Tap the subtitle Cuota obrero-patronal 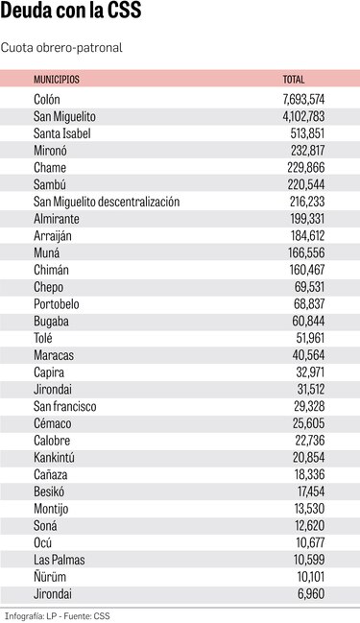click(x=62, y=46)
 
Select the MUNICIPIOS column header click(x=57, y=79)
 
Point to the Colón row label click(x=47, y=99)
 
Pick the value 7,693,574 click(x=304, y=99)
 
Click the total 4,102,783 click(x=304, y=116)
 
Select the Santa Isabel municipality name click(x=62, y=133)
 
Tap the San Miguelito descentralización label click(x=107, y=202)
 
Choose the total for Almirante click(x=308, y=219)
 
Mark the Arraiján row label click(x=53, y=235)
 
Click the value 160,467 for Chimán click(x=308, y=270)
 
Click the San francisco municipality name click(x=65, y=406)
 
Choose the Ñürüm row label click(x=49, y=577)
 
